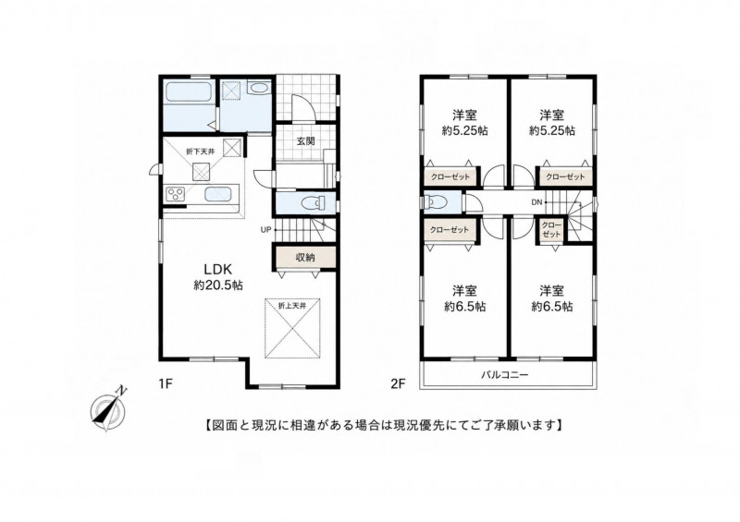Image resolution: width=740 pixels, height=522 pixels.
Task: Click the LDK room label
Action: click(x=218, y=269)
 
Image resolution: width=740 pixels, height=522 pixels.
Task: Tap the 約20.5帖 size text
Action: click(x=218, y=285)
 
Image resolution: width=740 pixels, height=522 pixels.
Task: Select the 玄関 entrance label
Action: click(x=306, y=140)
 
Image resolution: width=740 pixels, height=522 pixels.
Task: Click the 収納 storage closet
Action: click(x=305, y=258)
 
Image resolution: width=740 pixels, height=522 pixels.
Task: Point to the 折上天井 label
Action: click(x=292, y=306)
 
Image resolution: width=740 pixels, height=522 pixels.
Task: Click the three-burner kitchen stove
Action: click(x=176, y=195)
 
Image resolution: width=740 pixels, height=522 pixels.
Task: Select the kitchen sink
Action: click(x=217, y=195)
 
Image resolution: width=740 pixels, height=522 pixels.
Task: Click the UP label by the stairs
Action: click(x=265, y=230)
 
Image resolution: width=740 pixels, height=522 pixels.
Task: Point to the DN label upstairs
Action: click(x=536, y=202)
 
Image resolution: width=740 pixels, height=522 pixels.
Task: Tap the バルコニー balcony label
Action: click(x=504, y=375)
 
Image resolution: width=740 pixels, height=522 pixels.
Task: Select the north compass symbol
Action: click(x=109, y=407)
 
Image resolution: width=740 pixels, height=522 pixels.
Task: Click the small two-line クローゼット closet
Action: click(x=551, y=230)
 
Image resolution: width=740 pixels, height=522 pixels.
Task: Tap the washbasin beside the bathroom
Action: click(x=259, y=88)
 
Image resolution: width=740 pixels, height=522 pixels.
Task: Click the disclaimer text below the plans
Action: click(x=383, y=425)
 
